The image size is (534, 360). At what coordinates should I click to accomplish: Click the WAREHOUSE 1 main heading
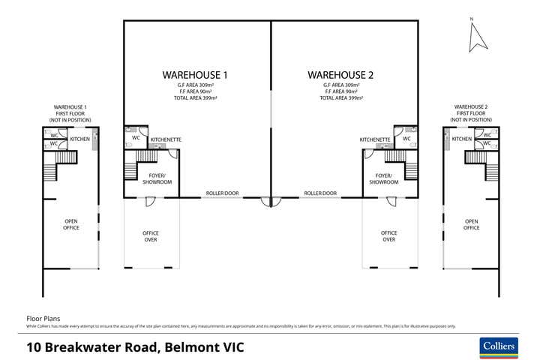pos(194,75)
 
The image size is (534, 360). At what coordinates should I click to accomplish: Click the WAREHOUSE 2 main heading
pos(340,75)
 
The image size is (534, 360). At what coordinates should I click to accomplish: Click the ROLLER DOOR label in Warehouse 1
pos(222,193)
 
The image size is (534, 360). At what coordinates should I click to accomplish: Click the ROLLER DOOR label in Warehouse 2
pos(320,193)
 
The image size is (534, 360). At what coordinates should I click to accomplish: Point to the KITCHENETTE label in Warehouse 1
pos(166,139)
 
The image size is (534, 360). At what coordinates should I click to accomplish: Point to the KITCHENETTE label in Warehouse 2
pos(375,139)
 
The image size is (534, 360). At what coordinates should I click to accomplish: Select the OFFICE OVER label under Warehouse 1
pos(151,236)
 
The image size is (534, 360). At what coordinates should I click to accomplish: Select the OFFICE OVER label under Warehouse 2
pos(388,236)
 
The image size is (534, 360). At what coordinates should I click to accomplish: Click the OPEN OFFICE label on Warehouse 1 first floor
pos(70,224)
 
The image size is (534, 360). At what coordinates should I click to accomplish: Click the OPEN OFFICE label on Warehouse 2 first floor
pos(471,224)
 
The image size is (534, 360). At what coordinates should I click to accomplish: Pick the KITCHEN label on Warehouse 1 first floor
pos(80,139)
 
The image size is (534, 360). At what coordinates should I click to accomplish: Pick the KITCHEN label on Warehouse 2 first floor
pos(462,139)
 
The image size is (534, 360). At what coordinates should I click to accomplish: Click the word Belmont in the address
pos(183,347)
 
